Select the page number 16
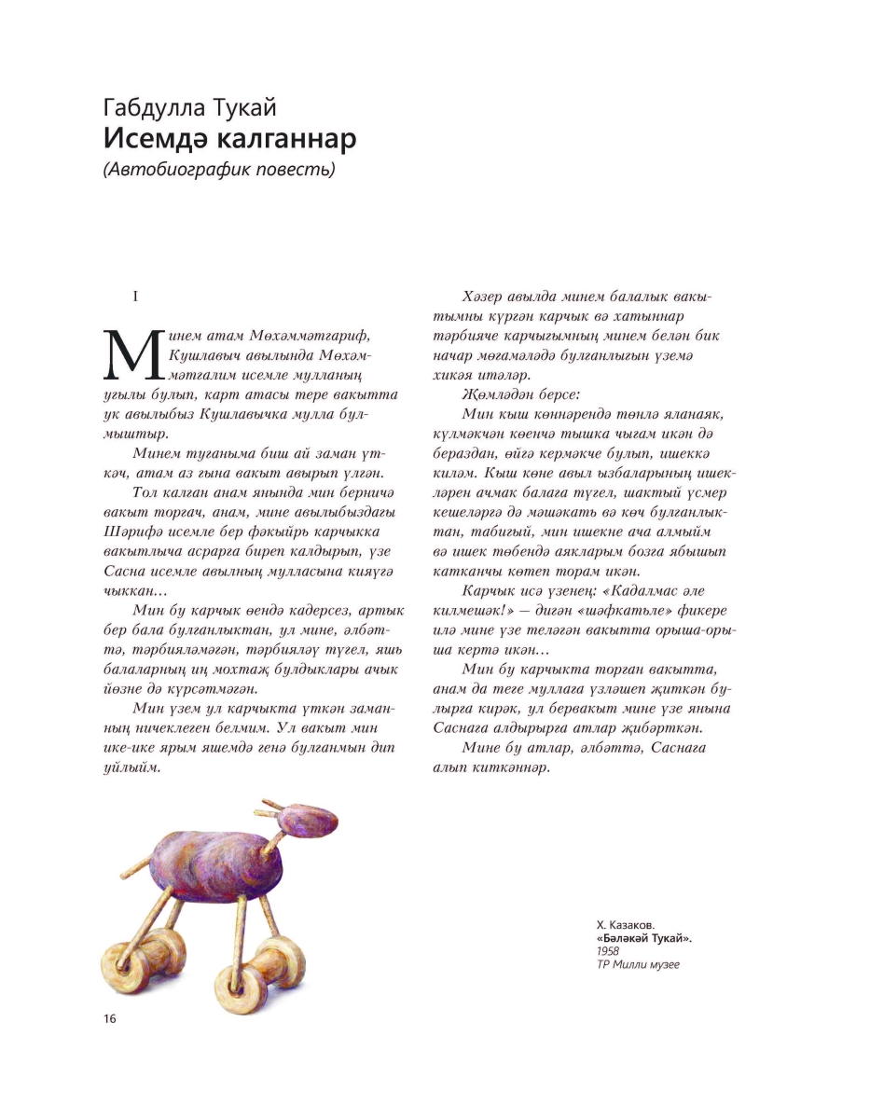pyautogui.click(x=110, y=1018)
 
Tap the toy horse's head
pyautogui.click(x=310, y=820)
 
